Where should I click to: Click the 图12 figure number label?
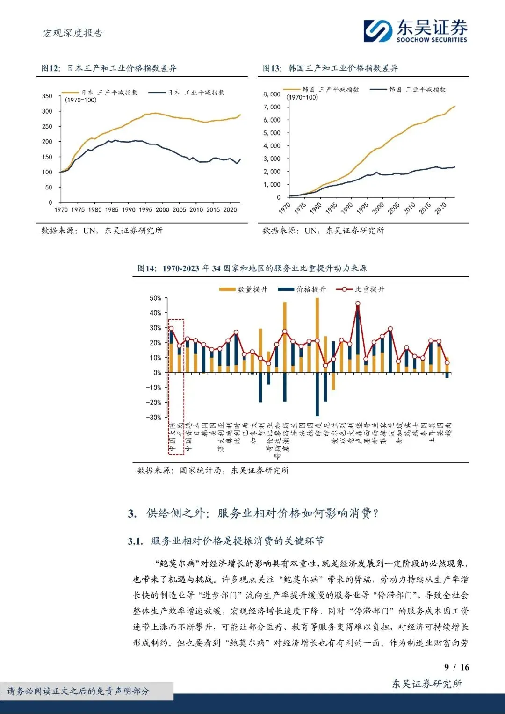(x=50, y=68)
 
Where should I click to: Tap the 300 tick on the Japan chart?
(x=47, y=111)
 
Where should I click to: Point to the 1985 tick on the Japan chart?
(x=112, y=210)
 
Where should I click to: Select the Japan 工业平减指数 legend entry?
(x=187, y=93)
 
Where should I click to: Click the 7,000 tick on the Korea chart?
(x=272, y=107)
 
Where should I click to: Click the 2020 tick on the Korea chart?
(x=440, y=208)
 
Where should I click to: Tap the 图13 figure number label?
(x=272, y=68)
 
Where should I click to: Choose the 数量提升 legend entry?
(x=244, y=289)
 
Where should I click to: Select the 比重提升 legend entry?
(x=361, y=289)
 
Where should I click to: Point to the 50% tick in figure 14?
(x=155, y=298)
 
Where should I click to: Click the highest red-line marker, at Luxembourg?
(x=358, y=303)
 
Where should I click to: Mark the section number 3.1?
(x=135, y=541)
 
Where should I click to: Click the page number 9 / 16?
(x=456, y=667)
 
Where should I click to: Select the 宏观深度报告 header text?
(x=73, y=33)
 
